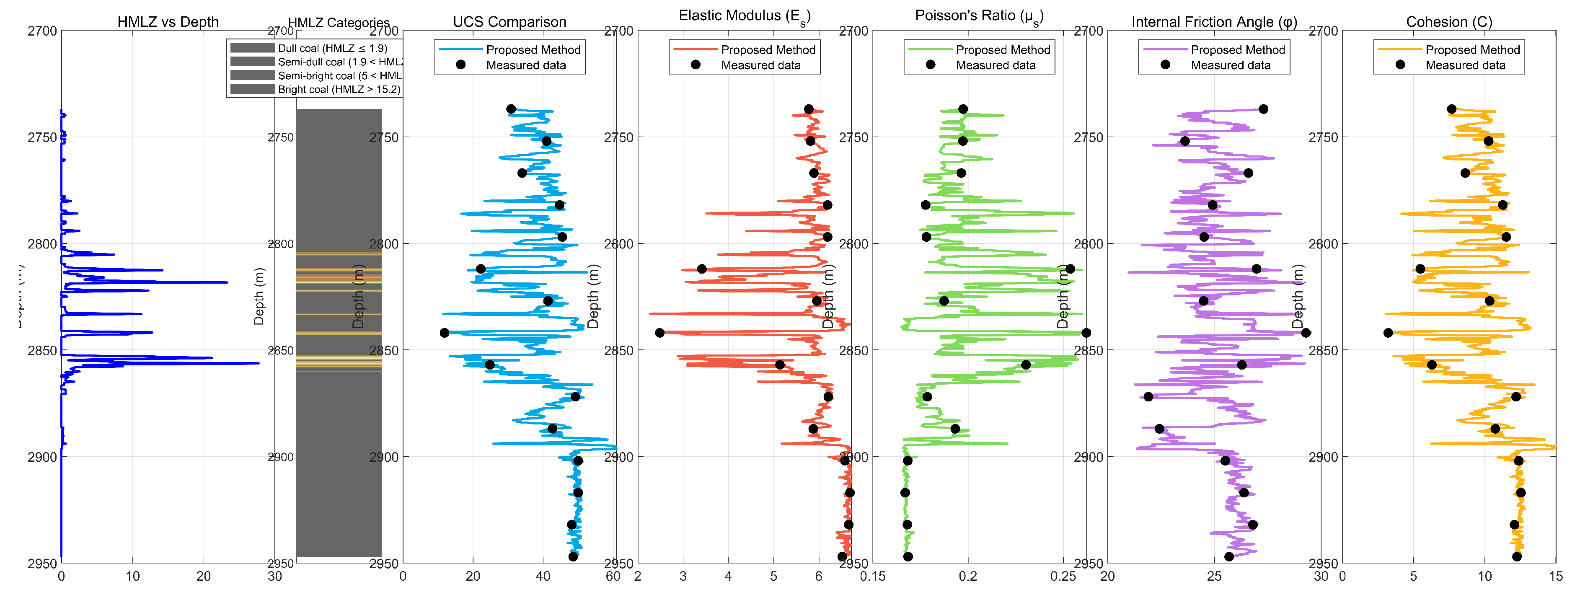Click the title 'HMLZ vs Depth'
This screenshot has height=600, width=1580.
click(168, 22)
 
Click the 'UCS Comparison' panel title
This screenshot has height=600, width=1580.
click(509, 22)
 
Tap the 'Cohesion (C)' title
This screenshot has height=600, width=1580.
click(1449, 22)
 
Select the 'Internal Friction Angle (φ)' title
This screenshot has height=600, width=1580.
click(1214, 22)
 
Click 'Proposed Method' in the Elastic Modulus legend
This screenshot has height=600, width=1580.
click(768, 50)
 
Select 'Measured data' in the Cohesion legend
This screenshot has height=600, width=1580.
click(1465, 65)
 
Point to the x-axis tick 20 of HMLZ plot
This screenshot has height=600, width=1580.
click(204, 577)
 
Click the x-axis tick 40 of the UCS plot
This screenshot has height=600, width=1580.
click(543, 577)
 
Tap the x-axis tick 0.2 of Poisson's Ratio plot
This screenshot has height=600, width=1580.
click(968, 577)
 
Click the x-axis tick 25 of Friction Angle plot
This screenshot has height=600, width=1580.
click(1215, 577)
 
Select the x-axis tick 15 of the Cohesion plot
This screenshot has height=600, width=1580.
click(1555, 577)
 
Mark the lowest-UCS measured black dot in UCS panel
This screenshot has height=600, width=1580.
click(445, 333)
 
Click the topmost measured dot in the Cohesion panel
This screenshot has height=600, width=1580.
click(1452, 109)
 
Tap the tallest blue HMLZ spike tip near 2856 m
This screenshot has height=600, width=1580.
click(258, 363)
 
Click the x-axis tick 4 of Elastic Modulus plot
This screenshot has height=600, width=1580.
click(728, 577)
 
